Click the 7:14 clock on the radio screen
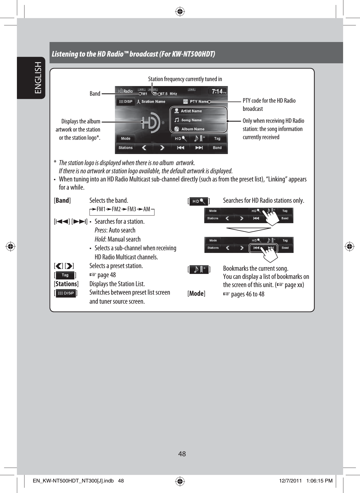(x=217, y=92)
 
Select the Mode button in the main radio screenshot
(x=126, y=139)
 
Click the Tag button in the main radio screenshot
(x=217, y=139)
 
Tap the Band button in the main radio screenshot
(x=217, y=148)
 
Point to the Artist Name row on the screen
(x=191, y=111)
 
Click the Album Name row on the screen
(x=193, y=129)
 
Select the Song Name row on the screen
(x=191, y=120)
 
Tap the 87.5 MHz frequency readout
(x=169, y=94)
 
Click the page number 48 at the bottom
(x=182, y=454)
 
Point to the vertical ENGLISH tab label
(x=38, y=78)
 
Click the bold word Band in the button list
(x=62, y=200)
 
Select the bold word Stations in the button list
(x=66, y=284)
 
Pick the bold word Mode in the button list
(x=196, y=294)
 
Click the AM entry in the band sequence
(x=147, y=209)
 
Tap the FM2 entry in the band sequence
(x=116, y=209)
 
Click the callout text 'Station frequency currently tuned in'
(x=185, y=79)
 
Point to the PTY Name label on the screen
(x=199, y=102)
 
